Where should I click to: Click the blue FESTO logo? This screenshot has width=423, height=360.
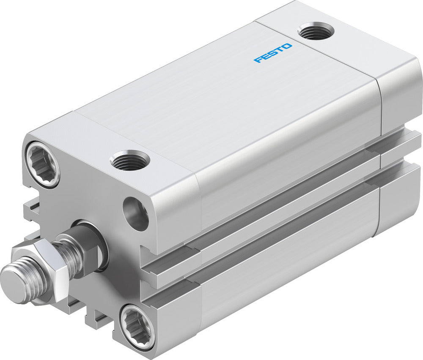tap(273, 53)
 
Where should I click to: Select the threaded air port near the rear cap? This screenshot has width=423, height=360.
tap(316, 31)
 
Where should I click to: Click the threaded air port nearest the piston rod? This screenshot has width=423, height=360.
tap(129, 161)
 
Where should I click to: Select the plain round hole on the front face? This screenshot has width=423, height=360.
tap(135, 213)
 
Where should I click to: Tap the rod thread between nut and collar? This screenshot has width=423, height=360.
tap(70, 254)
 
